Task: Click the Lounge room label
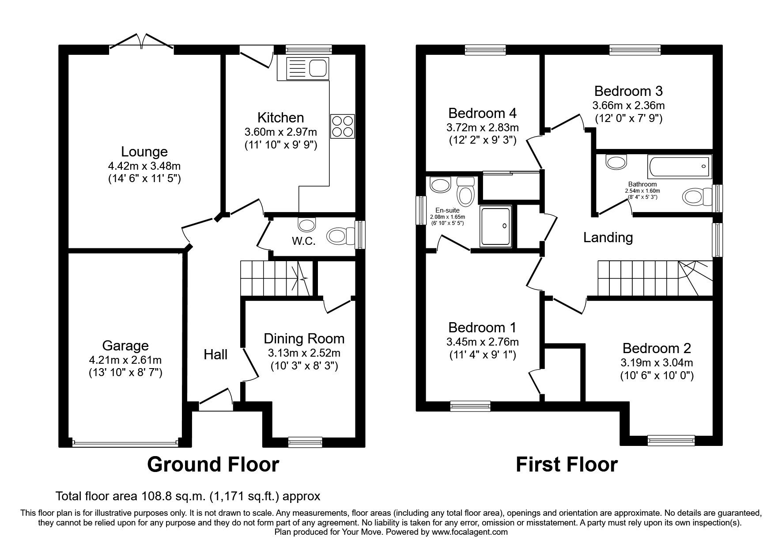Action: click(144, 152)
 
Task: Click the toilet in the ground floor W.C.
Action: click(339, 236)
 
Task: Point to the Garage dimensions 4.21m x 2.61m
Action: click(125, 360)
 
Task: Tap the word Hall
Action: click(215, 354)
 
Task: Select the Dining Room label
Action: click(304, 339)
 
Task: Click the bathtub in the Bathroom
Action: click(679, 167)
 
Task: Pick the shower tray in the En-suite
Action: click(496, 226)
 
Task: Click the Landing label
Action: click(608, 238)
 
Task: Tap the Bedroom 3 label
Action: click(628, 91)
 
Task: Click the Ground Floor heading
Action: click(213, 464)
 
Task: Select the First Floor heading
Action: click(567, 464)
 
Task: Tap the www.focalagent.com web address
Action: click(470, 532)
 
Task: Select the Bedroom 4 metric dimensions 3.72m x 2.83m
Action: click(482, 128)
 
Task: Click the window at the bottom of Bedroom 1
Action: click(470, 404)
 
